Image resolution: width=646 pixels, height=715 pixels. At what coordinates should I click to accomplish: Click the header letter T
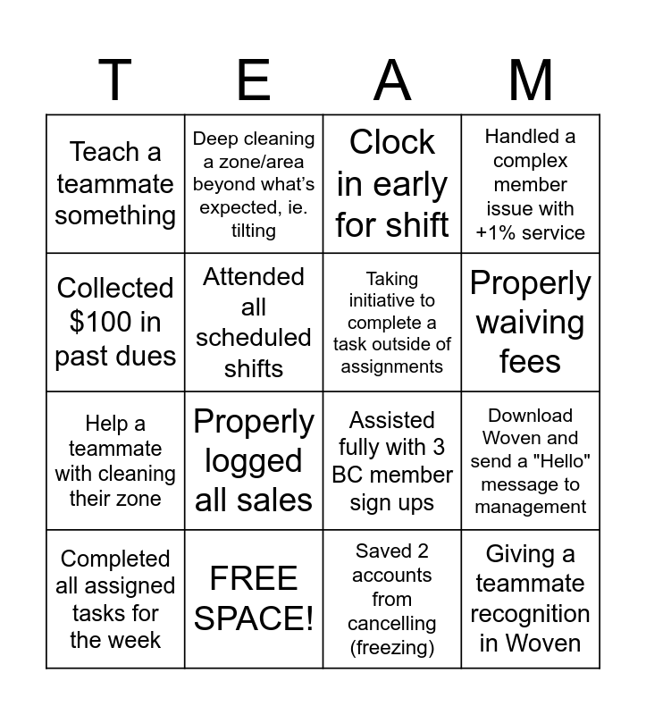[x=115, y=80]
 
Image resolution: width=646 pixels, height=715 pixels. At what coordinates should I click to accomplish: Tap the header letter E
[x=254, y=80]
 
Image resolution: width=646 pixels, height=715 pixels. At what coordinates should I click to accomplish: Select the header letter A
[x=392, y=80]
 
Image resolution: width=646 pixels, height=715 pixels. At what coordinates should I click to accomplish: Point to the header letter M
[x=531, y=80]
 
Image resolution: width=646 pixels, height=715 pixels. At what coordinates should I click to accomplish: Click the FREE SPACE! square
[x=254, y=599]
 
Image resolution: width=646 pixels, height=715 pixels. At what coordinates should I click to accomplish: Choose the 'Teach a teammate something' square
[x=115, y=183]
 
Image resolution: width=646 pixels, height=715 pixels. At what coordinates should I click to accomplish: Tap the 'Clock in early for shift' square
[x=392, y=183]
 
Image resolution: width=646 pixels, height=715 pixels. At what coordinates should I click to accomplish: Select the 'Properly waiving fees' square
[x=531, y=322]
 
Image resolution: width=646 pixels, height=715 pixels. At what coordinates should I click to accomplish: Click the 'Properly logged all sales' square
[x=254, y=460]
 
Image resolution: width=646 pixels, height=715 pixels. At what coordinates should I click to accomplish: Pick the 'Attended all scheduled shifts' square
[x=254, y=322]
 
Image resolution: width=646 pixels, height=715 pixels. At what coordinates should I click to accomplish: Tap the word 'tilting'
[x=254, y=231]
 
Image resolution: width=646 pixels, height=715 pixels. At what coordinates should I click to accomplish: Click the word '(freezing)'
[x=392, y=646]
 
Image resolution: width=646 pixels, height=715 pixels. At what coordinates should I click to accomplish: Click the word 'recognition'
[x=531, y=614]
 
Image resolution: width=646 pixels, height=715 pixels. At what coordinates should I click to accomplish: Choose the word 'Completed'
[x=115, y=559]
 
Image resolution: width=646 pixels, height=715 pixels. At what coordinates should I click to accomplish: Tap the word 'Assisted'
[x=392, y=420]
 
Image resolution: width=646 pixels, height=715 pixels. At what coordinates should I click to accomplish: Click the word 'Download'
[x=531, y=416]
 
